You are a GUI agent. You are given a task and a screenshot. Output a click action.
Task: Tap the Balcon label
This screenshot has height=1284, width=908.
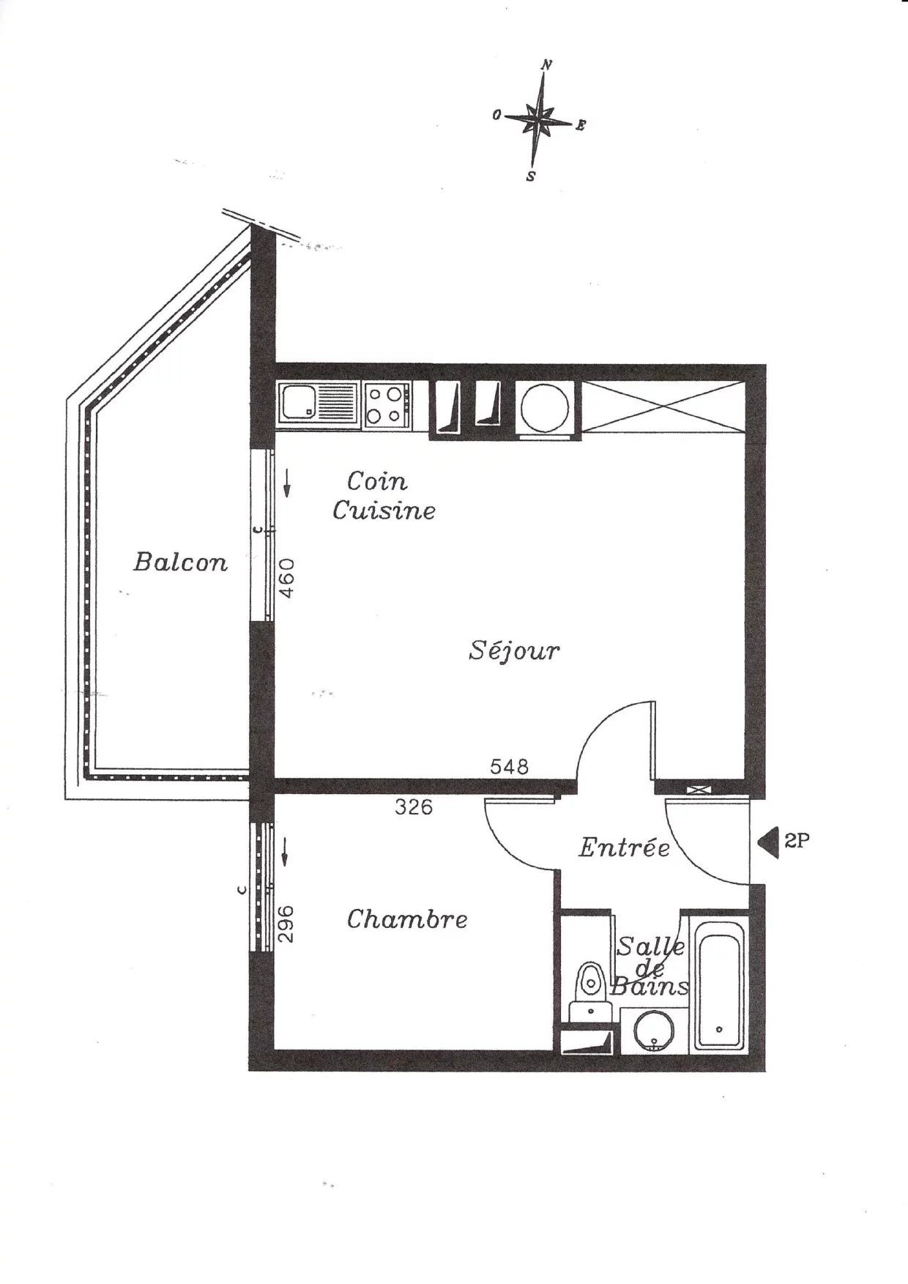[181, 562]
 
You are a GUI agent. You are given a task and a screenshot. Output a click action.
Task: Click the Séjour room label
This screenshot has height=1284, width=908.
[514, 650]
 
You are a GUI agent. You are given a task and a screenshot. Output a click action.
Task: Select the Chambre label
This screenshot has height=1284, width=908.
[407, 919]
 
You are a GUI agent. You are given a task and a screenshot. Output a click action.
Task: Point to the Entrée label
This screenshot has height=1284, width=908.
[624, 847]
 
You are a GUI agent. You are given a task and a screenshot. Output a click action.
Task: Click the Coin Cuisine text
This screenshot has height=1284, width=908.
[384, 496]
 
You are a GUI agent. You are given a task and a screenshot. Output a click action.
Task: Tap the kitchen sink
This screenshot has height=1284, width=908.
[318, 404]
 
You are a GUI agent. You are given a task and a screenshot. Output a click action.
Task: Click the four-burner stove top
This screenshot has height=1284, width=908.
[387, 404]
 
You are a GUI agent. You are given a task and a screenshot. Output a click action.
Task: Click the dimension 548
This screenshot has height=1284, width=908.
[509, 766]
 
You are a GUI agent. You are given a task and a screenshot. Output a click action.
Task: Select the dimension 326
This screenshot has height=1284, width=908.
[414, 807]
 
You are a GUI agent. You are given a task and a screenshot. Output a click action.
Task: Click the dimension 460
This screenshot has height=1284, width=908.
[288, 578]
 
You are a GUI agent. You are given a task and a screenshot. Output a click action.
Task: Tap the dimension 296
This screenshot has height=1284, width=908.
[286, 924]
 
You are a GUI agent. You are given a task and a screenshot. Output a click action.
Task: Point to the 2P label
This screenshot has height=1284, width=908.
[797, 841]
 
